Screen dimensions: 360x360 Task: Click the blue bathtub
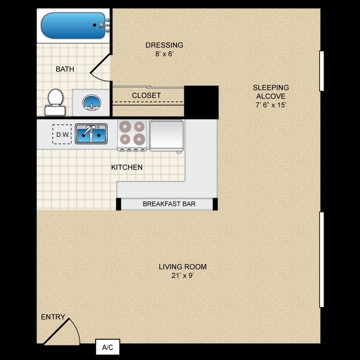(73, 25)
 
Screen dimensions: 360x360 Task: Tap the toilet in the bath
(55, 102)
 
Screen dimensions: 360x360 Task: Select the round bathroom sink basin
(92, 103)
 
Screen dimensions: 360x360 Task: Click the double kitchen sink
(91, 134)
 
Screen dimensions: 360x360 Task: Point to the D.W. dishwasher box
(62, 134)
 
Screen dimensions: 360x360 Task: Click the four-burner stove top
(132, 135)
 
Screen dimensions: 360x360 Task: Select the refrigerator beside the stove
(167, 135)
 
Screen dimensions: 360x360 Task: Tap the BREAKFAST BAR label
(169, 204)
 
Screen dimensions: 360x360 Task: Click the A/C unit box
(108, 347)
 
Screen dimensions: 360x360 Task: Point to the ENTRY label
(53, 317)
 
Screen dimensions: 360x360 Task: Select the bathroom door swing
(100, 68)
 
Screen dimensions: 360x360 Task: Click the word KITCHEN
(127, 167)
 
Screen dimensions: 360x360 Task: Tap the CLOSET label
(146, 96)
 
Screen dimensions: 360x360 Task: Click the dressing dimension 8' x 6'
(164, 54)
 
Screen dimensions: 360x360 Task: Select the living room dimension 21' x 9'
(183, 276)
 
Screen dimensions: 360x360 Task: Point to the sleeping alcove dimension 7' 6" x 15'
(271, 105)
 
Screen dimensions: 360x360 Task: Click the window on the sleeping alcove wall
(322, 71)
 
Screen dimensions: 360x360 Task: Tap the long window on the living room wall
(322, 260)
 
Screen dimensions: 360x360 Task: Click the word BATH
(65, 69)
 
